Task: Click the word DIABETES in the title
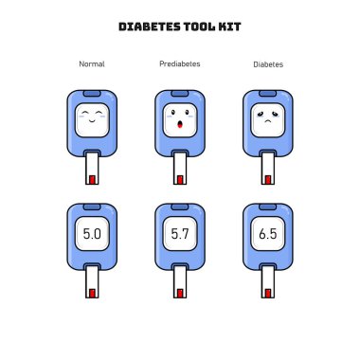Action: (150, 27)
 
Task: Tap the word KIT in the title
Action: (229, 27)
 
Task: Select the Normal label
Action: (92, 64)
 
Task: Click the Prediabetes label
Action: (180, 63)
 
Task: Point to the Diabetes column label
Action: (268, 64)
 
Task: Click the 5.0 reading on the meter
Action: (92, 234)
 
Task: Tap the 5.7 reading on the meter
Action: (180, 234)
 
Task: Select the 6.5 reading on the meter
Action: (268, 234)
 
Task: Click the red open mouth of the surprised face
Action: (180, 124)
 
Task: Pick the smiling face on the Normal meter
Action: (92, 117)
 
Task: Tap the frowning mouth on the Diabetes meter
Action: (268, 121)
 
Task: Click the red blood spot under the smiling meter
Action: (92, 180)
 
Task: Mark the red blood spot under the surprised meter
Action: (180, 180)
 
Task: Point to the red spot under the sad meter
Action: (268, 180)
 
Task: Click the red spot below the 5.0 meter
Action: (92, 294)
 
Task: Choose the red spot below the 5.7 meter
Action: (180, 294)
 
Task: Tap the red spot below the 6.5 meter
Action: (268, 294)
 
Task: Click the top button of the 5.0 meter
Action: (92, 207)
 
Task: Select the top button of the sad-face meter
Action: (268, 94)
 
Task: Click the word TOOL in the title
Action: (199, 27)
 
